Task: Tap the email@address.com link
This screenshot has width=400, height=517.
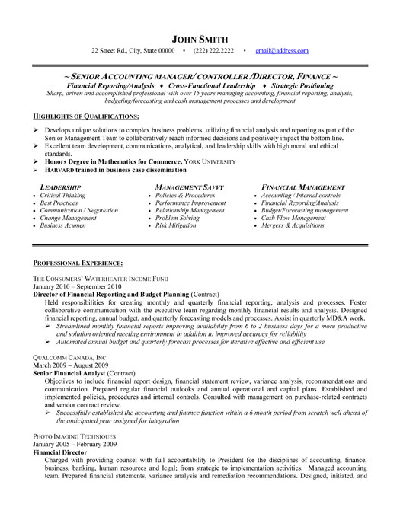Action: click(x=282, y=51)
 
